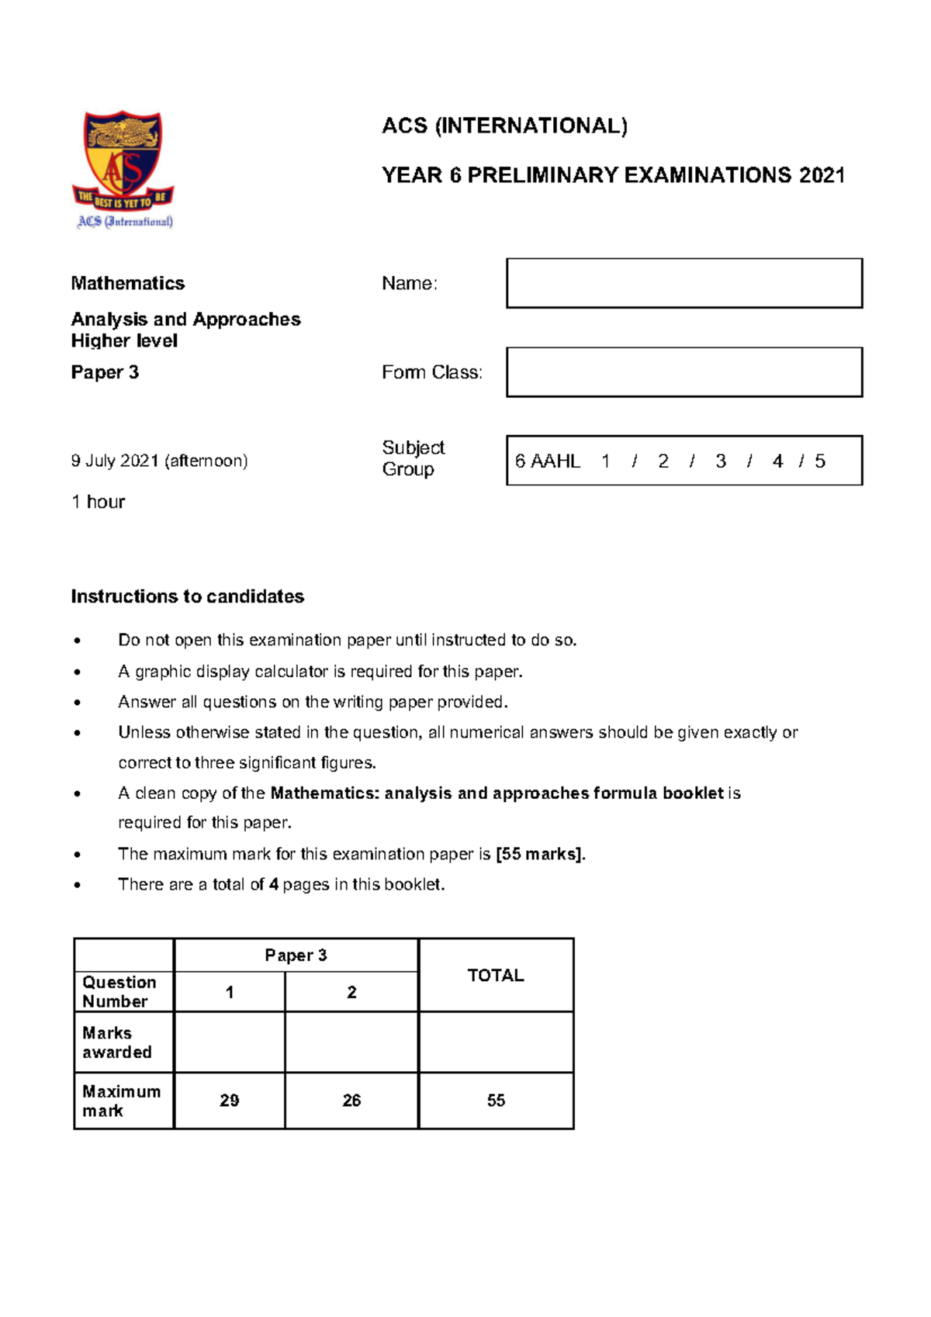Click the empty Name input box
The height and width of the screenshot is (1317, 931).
684,283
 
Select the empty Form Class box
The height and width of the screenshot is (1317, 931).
684,372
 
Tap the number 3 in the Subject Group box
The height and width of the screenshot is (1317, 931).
721,461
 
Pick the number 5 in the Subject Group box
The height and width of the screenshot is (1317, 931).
820,461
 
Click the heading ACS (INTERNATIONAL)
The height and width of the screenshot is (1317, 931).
504,126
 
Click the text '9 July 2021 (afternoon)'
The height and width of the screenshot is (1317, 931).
159,461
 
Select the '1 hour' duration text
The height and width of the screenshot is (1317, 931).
98,502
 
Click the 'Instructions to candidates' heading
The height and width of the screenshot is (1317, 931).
187,596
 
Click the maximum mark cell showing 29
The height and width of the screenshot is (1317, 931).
229,1101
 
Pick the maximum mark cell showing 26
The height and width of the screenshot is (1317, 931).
351,1101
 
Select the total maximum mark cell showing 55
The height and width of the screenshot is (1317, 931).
496,1101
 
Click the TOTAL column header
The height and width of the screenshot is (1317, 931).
496,975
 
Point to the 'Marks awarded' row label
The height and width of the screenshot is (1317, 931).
116,1042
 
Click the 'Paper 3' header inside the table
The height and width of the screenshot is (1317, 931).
296,956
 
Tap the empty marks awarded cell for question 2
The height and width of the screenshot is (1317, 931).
351,1042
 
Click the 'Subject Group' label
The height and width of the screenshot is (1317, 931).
413,458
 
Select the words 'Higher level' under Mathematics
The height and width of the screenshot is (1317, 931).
124,341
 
